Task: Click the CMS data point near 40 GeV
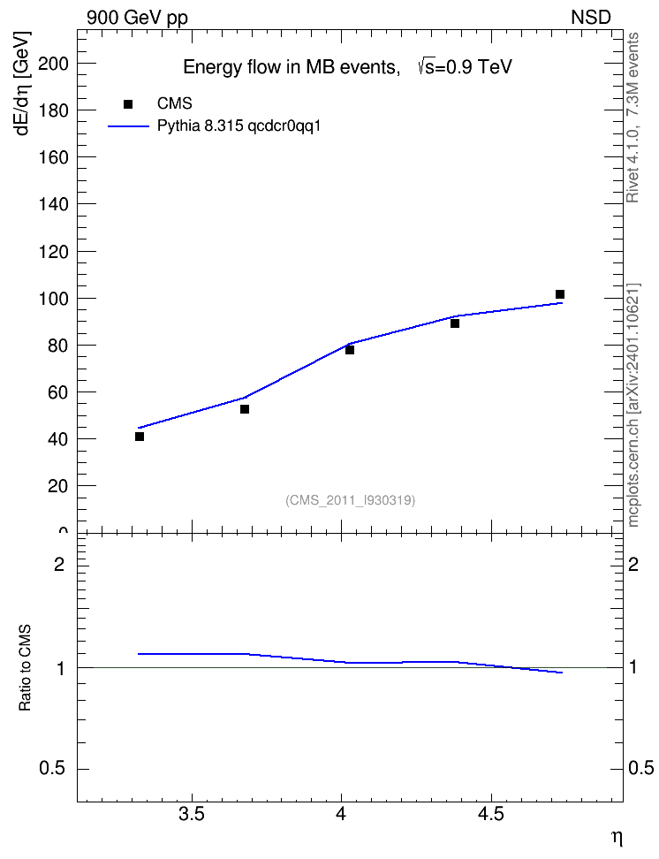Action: [x=140, y=437]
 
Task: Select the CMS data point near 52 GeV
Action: [x=245, y=409]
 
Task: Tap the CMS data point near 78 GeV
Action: [x=350, y=350]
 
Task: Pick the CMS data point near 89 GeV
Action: [x=455, y=323]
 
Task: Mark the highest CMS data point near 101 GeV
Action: [x=560, y=295]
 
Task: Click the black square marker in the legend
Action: [x=128, y=104]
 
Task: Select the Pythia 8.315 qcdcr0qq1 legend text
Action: [x=239, y=126]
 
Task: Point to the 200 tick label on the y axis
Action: [x=54, y=64]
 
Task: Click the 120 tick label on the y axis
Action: [x=54, y=252]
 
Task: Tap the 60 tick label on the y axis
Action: [x=58, y=392]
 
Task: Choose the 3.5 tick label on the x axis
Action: [x=192, y=814]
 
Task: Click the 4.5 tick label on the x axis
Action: [x=491, y=814]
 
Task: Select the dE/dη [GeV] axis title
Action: [x=23, y=83]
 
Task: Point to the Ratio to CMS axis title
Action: [x=25, y=668]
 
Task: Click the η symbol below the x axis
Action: [x=617, y=838]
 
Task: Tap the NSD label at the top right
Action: [x=591, y=17]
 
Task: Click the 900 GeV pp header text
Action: [x=138, y=18]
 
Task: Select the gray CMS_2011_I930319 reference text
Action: [x=351, y=500]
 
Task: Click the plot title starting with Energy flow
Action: [x=347, y=67]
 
